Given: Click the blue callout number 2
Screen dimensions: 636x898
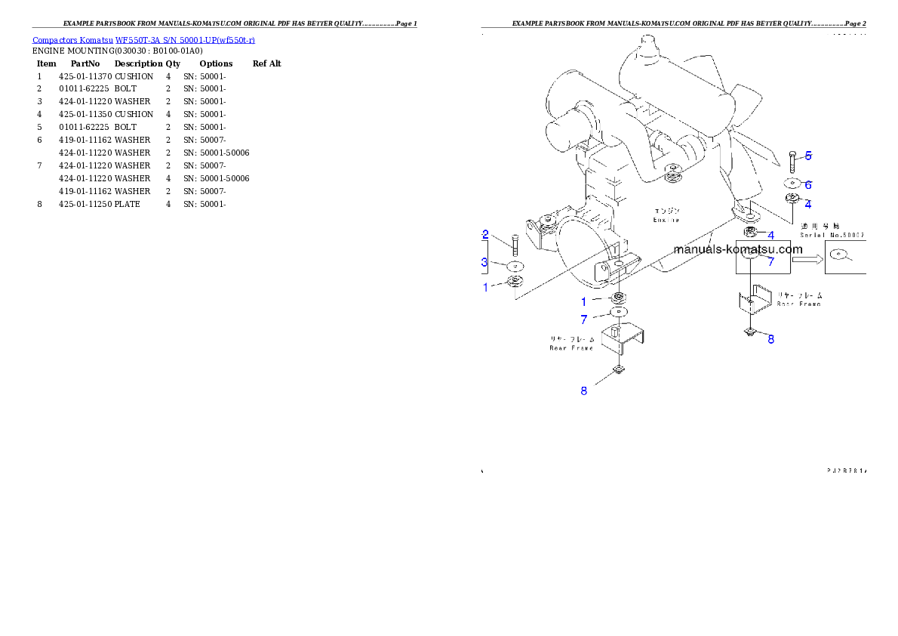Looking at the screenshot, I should (486, 234).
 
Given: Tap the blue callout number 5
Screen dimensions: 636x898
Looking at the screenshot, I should (808, 156).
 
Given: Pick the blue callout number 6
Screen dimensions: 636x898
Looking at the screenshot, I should (807, 184).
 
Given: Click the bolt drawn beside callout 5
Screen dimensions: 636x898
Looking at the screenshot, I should (791, 162).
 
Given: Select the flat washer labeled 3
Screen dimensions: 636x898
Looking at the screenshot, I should (515, 266).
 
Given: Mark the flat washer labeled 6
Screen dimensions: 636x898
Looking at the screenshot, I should (791, 183).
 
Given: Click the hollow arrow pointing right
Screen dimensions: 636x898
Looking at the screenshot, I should (807, 258).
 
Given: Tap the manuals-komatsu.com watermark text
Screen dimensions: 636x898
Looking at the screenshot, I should (737, 249).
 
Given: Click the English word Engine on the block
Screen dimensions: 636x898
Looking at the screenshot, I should (666, 220).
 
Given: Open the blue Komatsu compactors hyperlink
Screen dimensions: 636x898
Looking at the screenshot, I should (143, 40).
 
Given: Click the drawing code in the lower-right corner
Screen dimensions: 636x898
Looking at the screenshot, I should (846, 470).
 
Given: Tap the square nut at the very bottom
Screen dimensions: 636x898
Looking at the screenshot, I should (617, 369).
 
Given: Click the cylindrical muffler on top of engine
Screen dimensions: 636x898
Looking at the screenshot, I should (672, 68).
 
